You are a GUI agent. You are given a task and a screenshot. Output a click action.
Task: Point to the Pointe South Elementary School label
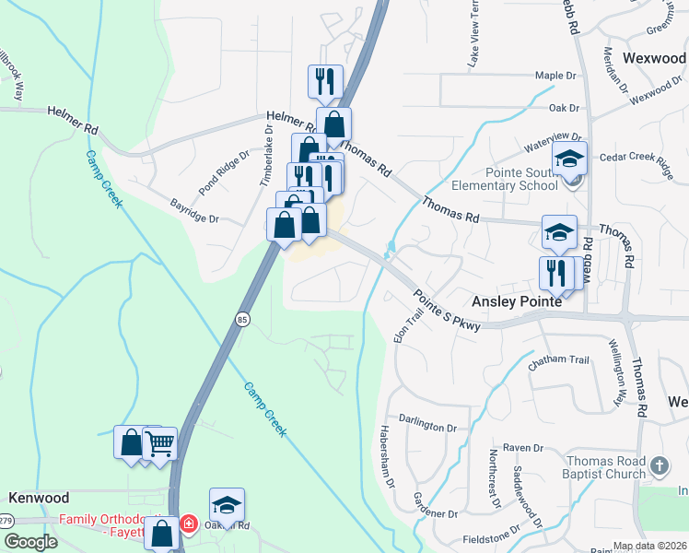(x=522, y=178)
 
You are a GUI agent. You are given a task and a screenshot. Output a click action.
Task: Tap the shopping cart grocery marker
(x=160, y=443)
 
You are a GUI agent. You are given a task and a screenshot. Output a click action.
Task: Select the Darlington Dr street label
(x=428, y=428)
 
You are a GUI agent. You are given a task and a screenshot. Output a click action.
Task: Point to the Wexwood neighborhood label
(x=655, y=56)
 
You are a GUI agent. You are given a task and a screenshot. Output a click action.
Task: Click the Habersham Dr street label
(x=388, y=457)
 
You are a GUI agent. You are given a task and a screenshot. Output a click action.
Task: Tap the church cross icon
(x=659, y=466)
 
